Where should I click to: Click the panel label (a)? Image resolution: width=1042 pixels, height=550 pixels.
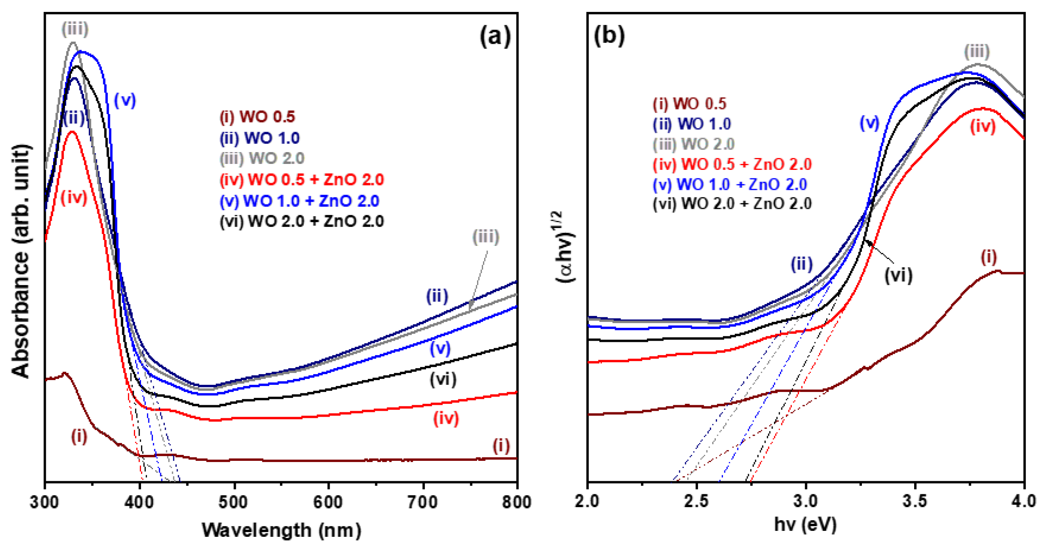[494, 36]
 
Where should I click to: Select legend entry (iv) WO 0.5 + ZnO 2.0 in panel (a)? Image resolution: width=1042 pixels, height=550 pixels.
[302, 179]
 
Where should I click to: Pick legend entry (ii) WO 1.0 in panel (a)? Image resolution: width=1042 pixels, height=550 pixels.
[260, 138]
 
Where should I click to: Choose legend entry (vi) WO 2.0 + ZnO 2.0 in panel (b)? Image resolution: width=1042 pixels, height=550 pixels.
[732, 203]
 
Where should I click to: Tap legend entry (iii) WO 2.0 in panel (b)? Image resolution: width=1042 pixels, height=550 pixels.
[694, 144]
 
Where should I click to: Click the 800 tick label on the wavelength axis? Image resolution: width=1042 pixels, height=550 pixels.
[516, 502]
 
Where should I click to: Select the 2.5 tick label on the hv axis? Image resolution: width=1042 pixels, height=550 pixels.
[696, 502]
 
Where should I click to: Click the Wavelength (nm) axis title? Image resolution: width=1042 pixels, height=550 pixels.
[281, 530]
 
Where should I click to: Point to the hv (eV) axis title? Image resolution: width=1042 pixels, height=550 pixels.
[805, 524]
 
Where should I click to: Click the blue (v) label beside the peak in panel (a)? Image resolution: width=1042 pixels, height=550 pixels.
[125, 100]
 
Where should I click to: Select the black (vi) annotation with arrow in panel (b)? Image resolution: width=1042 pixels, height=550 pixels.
[898, 276]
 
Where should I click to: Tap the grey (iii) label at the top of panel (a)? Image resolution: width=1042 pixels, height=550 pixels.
[75, 29]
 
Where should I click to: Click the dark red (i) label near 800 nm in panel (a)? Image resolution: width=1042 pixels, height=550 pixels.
[501, 446]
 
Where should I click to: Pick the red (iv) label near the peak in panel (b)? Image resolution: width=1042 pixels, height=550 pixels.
[983, 126]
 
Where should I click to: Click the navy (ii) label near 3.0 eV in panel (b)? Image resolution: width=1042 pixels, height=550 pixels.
[801, 264]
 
